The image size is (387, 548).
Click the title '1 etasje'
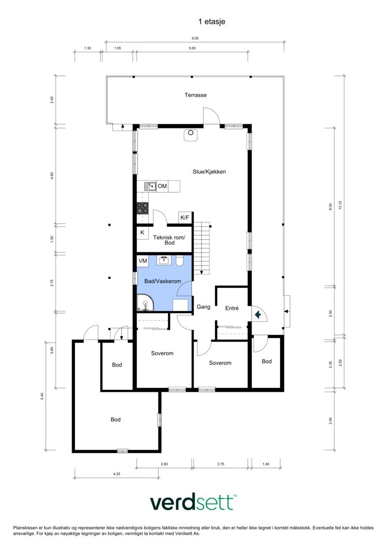211,21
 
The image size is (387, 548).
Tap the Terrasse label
195,95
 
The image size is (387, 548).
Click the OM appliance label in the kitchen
162,186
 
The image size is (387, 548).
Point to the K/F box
185,218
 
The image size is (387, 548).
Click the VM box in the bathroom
143,261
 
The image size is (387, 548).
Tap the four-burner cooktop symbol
142,208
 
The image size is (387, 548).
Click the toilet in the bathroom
179,262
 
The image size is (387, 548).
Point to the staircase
203,247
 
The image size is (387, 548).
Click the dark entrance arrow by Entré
258,315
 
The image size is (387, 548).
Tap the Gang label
203,307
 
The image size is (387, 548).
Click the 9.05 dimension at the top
195,38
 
